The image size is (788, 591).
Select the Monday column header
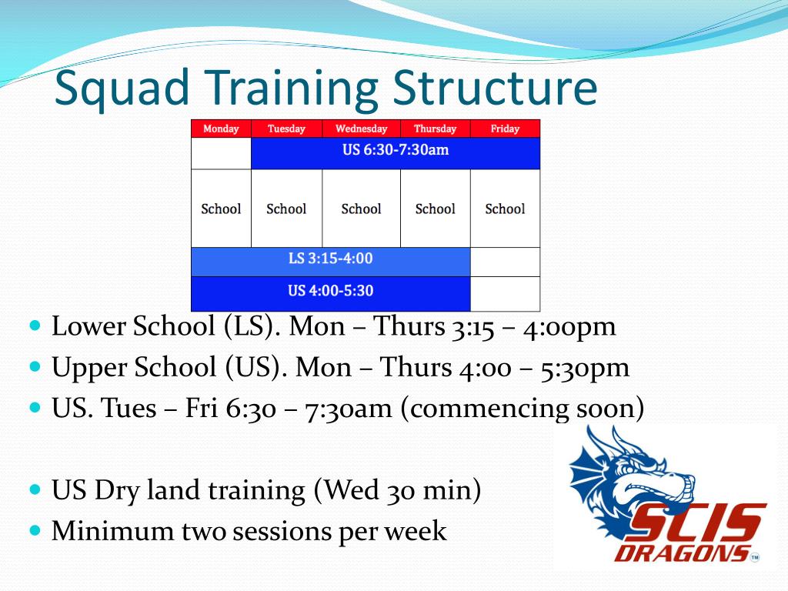[x=221, y=129]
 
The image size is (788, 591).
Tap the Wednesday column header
[x=361, y=129]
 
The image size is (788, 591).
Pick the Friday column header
[x=505, y=129]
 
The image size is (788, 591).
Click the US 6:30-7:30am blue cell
[x=396, y=150]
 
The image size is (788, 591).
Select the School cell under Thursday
[x=435, y=209]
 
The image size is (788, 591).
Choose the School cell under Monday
[x=221, y=209]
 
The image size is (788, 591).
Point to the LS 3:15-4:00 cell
[x=330, y=259]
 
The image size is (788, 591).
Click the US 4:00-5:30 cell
[x=330, y=292]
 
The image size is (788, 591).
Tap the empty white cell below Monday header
[x=221, y=153]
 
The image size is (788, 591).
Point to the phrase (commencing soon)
[x=521, y=408]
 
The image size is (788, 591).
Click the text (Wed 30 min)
[x=397, y=490]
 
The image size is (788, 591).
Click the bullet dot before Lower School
[x=34, y=326]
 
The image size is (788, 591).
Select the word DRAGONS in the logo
[x=680, y=553]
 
